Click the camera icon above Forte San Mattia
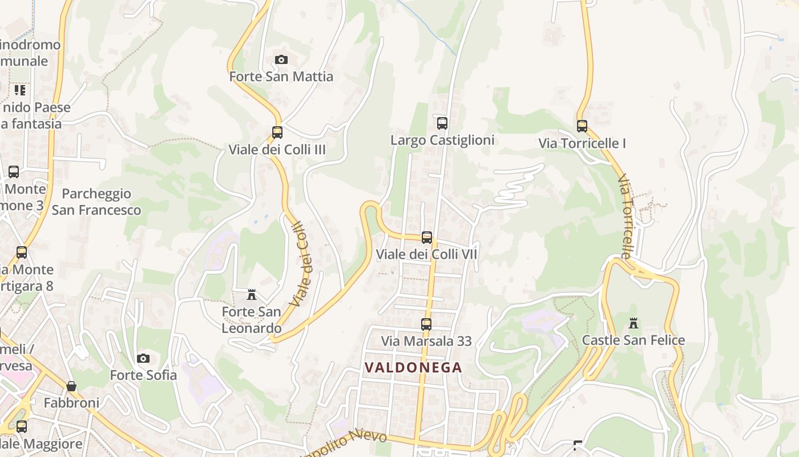pyautogui.click(x=281, y=60)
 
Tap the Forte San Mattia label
pyautogui.click(x=281, y=77)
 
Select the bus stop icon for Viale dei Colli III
pyautogui.click(x=277, y=133)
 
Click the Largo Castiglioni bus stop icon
pyautogui.click(x=442, y=123)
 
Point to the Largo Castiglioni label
pyautogui.click(x=442, y=140)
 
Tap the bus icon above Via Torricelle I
pyautogui.click(x=582, y=126)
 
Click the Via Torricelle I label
pyautogui.click(x=582, y=143)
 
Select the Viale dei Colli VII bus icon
pyautogui.click(x=427, y=238)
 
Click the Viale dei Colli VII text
pyautogui.click(x=427, y=254)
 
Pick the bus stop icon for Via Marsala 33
pyautogui.click(x=426, y=324)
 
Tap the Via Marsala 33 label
pyautogui.click(x=426, y=341)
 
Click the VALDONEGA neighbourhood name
pyautogui.click(x=413, y=367)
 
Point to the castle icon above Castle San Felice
pyautogui.click(x=633, y=323)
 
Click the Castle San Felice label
pyautogui.click(x=633, y=340)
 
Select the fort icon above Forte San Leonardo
pyautogui.click(x=252, y=295)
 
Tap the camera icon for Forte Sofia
pyautogui.click(x=143, y=359)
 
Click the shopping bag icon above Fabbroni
pyautogui.click(x=71, y=386)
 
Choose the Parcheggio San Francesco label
pyautogui.click(x=96, y=202)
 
